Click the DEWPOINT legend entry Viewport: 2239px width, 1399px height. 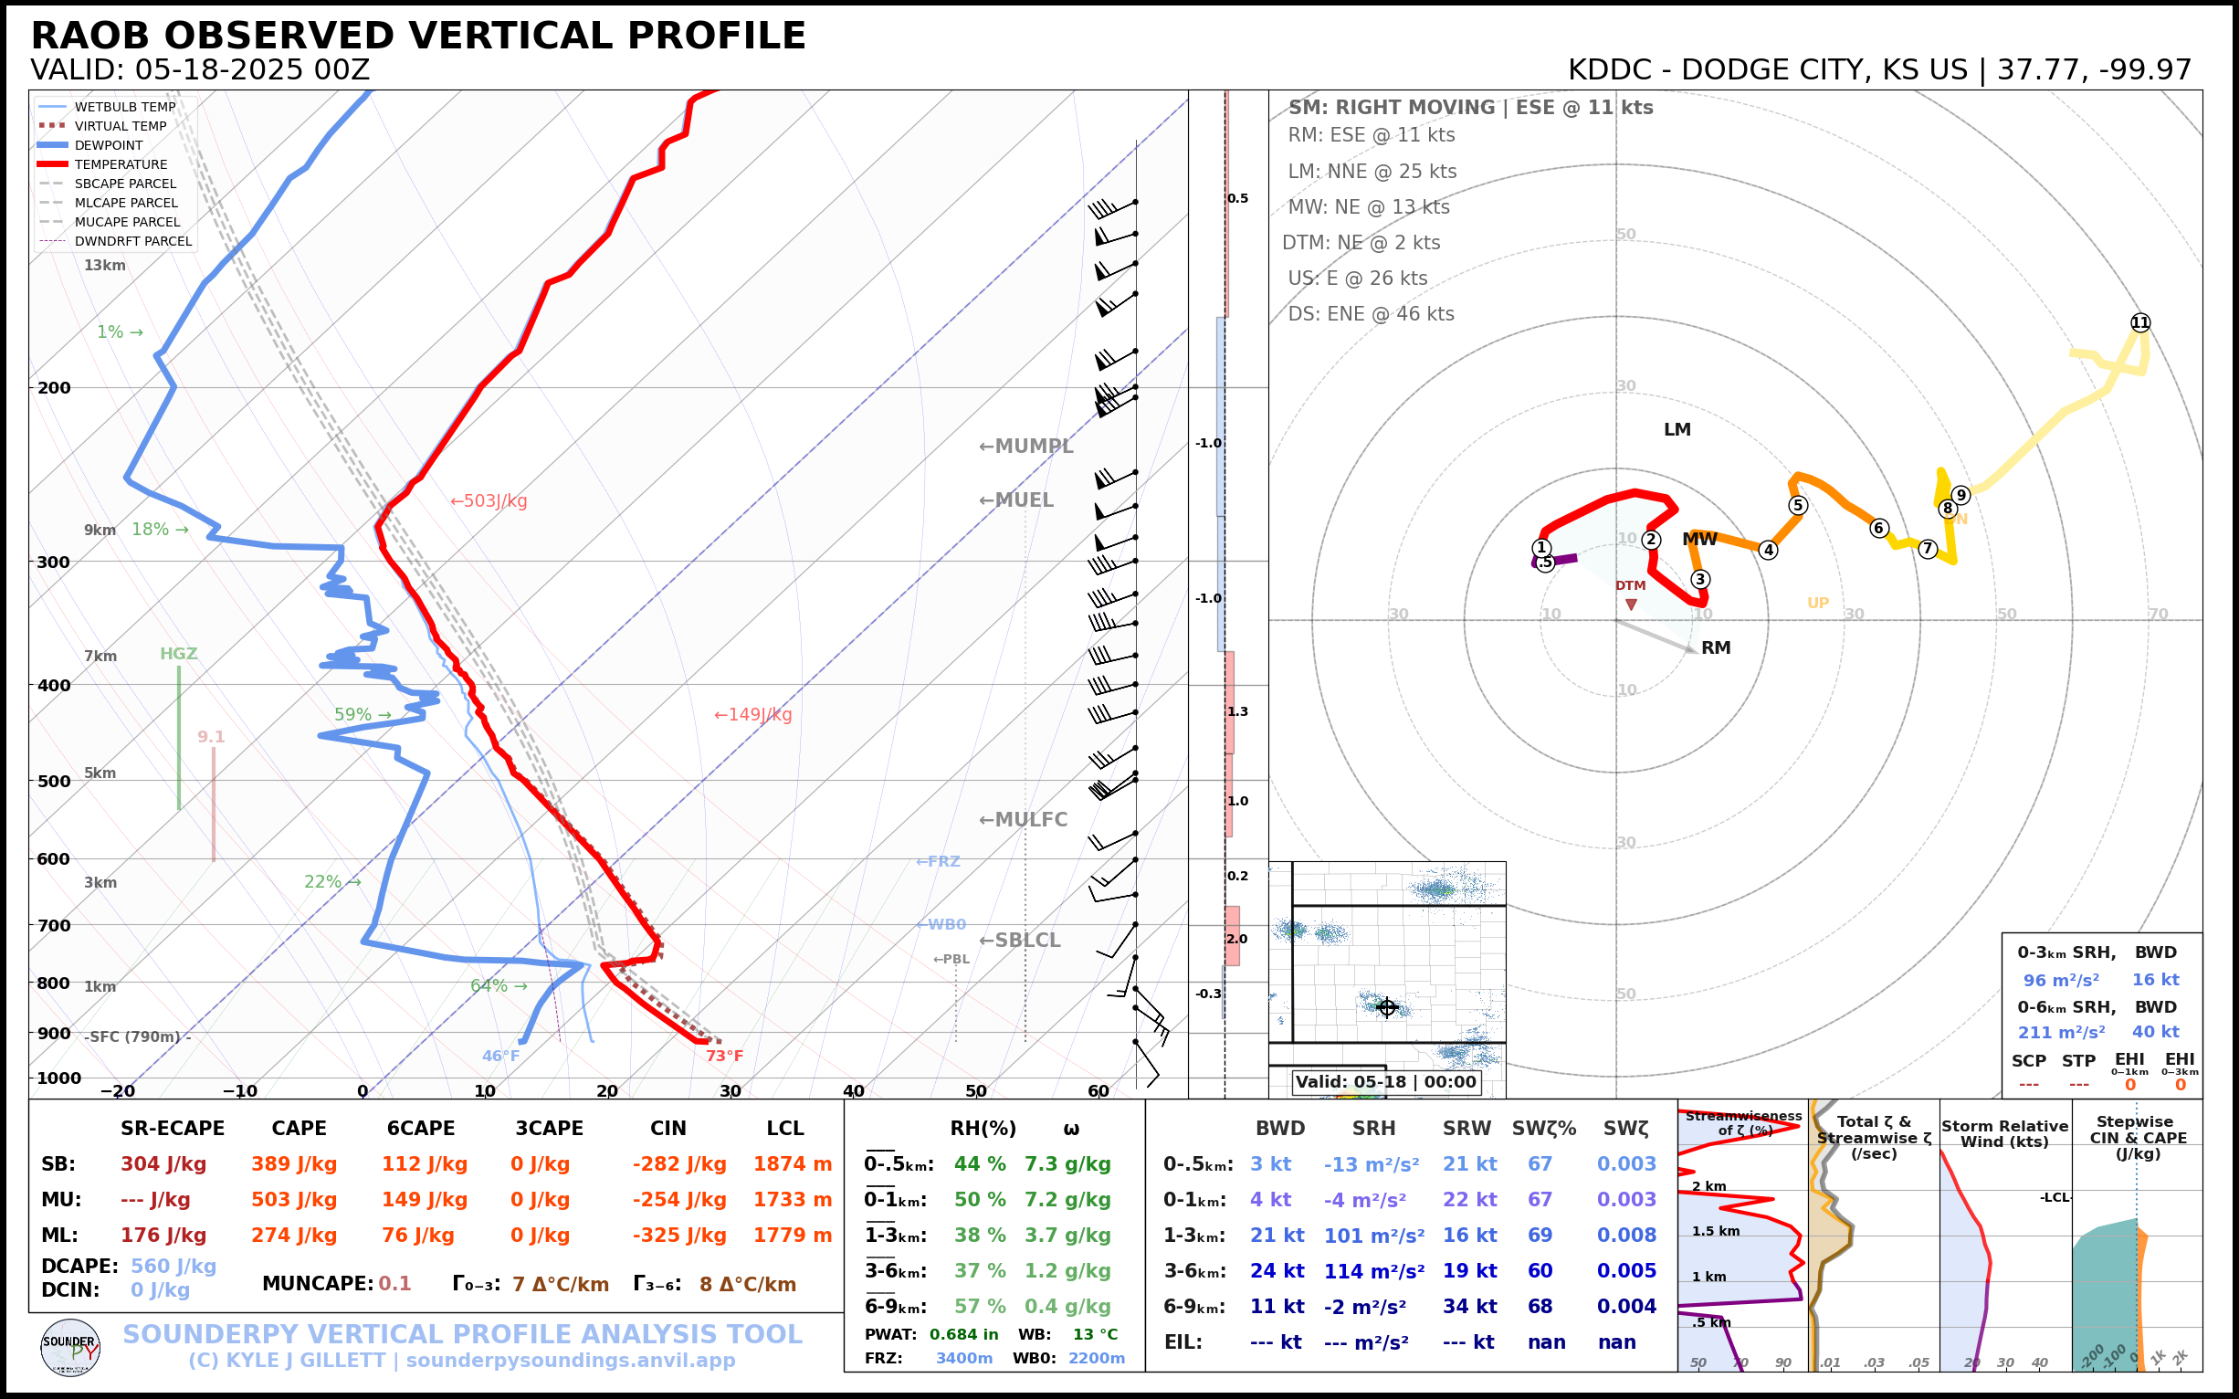tap(109, 145)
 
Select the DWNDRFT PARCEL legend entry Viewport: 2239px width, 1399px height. tap(133, 241)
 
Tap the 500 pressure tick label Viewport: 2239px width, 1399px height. tap(54, 781)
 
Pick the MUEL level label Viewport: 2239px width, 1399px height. tap(1017, 500)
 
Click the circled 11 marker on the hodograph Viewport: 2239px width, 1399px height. tap(2140, 323)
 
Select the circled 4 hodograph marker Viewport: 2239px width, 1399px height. tap(1768, 550)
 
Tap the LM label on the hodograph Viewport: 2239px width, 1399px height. tap(1677, 429)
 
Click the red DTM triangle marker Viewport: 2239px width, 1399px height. tap(1631, 605)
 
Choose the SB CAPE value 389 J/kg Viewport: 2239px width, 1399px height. tap(293, 1164)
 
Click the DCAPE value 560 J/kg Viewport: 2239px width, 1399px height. tap(173, 1266)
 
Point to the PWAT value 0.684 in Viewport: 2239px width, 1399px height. tap(963, 1334)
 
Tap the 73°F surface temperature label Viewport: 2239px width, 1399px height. tap(724, 1056)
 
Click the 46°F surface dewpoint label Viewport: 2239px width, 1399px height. tap(500, 1056)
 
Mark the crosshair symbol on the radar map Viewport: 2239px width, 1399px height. tap(1386, 1007)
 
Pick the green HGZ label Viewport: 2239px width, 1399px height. tap(179, 654)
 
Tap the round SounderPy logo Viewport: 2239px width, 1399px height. tap(70, 1348)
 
